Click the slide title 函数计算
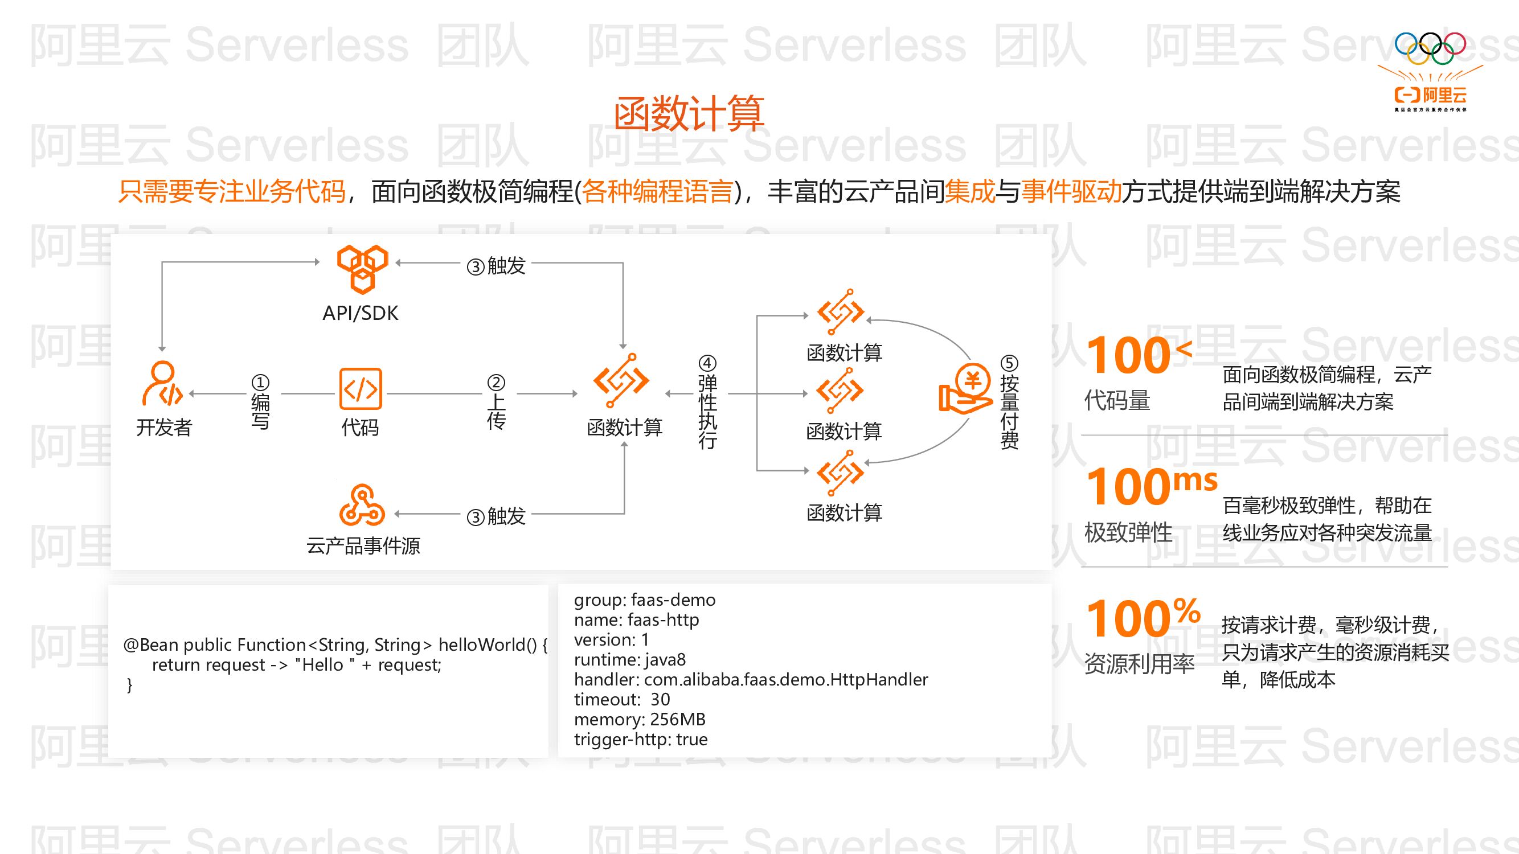pos(689,114)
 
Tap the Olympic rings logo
pos(1430,48)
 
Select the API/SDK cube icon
pos(362,269)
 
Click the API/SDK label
pos(361,313)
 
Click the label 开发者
pos(164,428)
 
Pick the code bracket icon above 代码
pos(361,389)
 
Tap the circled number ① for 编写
pos(260,383)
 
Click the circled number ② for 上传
pos(496,383)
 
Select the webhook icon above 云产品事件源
pos(362,505)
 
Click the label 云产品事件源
pos(363,546)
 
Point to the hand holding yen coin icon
pos(965,388)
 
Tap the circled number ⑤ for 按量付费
pos(1009,363)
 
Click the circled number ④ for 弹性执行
pos(707,363)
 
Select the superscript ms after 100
pos(1195,481)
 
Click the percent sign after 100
pos(1186,610)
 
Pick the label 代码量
pos(1117,401)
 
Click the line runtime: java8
pos(629,659)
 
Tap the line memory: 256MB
pos(639,719)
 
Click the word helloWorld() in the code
pos(487,645)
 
